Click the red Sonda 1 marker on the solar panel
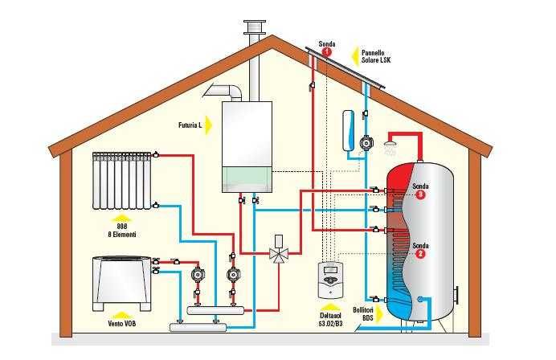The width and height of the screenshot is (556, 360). point(326,52)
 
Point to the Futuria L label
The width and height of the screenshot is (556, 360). point(189,125)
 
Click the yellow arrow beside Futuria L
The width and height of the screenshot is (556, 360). point(207,125)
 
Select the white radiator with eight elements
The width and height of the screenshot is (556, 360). point(122,178)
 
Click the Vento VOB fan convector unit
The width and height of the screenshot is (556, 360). point(121,282)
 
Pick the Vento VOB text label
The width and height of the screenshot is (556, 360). point(121,321)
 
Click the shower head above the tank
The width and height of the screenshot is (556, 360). point(391,149)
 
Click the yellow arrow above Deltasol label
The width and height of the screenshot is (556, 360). point(331,305)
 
